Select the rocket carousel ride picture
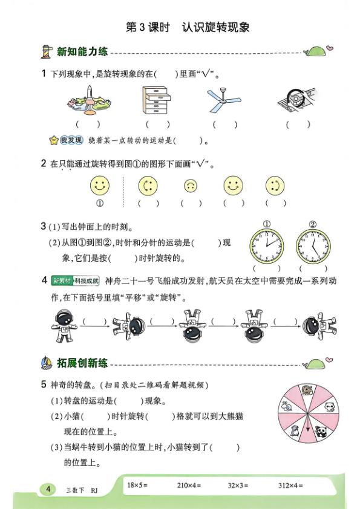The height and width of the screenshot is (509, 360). pos(89,100)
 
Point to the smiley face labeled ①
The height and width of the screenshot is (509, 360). pos(100,184)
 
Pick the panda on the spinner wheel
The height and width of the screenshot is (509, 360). pos(320,430)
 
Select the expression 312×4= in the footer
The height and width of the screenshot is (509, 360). pos(290,485)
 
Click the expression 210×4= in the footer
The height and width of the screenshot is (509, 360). pos(189,485)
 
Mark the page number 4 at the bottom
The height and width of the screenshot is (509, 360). pos(47,489)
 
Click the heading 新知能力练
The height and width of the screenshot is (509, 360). pos(82,52)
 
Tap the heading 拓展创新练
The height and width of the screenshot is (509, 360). pos(82,363)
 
